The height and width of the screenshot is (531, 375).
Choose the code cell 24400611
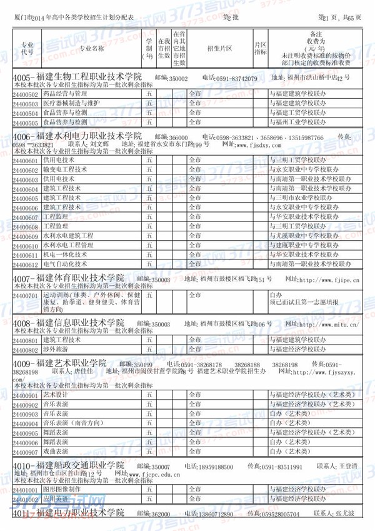[x=26, y=255]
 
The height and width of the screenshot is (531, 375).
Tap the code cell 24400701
[x=26, y=295]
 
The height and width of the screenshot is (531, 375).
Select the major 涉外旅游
[x=57, y=349]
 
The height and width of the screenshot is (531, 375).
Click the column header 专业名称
[x=91, y=47]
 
